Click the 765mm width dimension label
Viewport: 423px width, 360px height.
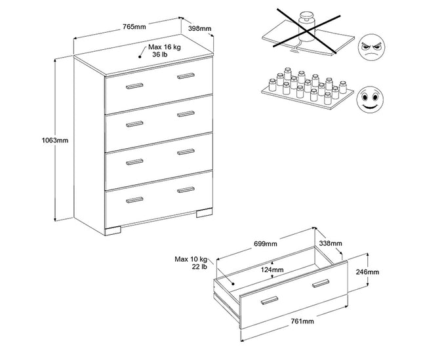(134, 26)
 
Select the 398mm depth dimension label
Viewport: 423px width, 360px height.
(200, 28)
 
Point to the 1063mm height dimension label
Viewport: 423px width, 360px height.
(54, 140)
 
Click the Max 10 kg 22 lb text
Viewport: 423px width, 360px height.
(191, 262)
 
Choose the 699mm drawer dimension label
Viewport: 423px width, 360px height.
(266, 244)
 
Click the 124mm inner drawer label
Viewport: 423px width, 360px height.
(272, 270)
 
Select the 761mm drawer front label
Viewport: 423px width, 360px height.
(302, 322)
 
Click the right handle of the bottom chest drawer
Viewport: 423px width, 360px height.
(186, 190)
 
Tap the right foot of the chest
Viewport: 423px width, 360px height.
(203, 213)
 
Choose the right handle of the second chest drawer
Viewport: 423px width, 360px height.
(186, 115)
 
